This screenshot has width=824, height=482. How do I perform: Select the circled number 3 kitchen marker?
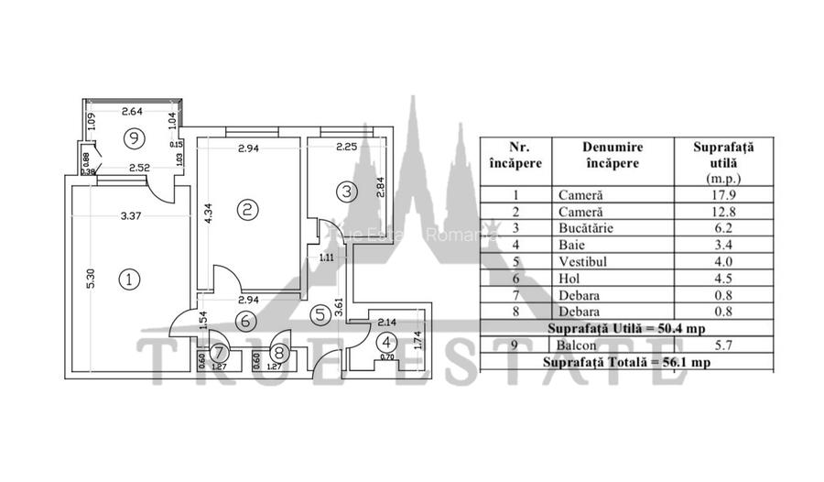tap(346, 192)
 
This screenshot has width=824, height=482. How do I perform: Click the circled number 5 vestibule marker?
tap(320, 314)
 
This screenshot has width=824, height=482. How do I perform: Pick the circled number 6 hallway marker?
tap(244, 321)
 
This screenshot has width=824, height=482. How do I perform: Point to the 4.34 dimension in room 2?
tap(209, 214)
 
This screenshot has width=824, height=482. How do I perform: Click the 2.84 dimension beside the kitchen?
tap(382, 186)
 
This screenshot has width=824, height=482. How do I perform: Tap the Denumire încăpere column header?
tap(612, 155)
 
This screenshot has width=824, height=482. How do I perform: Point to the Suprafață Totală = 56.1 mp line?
tap(626, 362)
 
